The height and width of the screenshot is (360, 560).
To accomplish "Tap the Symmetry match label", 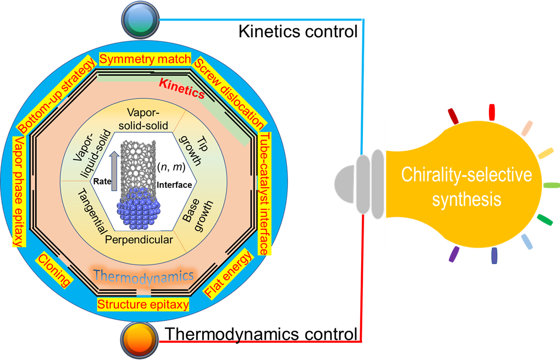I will click(x=145, y=59).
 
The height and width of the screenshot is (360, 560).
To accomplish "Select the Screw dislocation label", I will click(x=229, y=93).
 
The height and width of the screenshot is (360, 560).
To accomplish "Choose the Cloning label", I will click(x=54, y=269).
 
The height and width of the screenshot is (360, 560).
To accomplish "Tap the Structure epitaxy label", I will click(x=143, y=304).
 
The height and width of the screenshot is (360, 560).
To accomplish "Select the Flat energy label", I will click(x=228, y=275).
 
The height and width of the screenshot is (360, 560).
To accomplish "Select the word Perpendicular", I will click(x=139, y=240).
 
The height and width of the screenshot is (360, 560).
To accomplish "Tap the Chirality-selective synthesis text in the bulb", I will click(x=466, y=187).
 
